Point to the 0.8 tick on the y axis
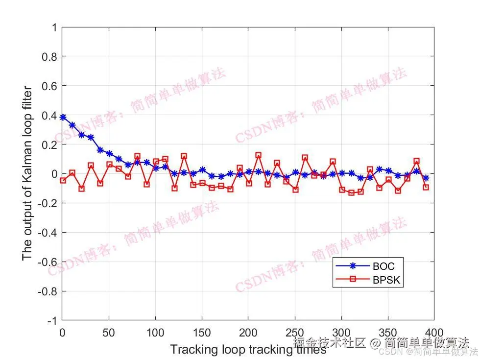(49, 57)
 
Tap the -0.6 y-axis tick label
(48, 262)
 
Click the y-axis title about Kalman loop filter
(27, 174)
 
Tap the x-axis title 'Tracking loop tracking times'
(248, 350)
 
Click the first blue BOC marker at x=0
(63, 117)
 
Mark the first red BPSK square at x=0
(63, 180)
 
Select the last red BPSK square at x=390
(426, 187)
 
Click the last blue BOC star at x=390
(426, 178)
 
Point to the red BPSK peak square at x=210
(258, 155)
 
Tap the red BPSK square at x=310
(351, 193)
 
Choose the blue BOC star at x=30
(91, 137)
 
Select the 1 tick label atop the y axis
(53, 27)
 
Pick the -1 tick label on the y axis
(51, 321)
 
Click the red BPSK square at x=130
(184, 156)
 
